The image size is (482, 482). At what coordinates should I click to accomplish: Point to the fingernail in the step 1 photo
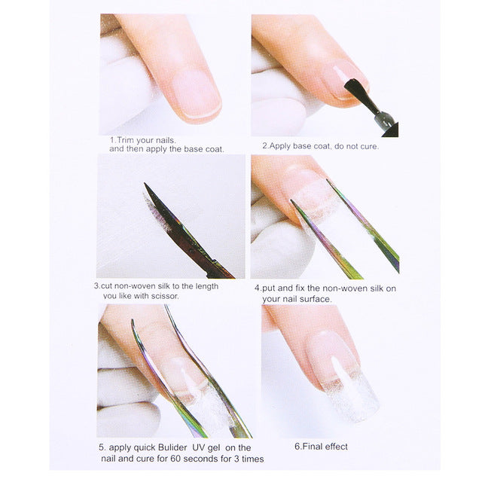coord(194,95)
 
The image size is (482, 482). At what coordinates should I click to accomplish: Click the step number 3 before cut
coord(96,286)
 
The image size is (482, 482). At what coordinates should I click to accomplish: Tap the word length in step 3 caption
coord(204,286)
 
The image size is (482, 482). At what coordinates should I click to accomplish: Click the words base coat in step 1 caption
coord(204,149)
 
